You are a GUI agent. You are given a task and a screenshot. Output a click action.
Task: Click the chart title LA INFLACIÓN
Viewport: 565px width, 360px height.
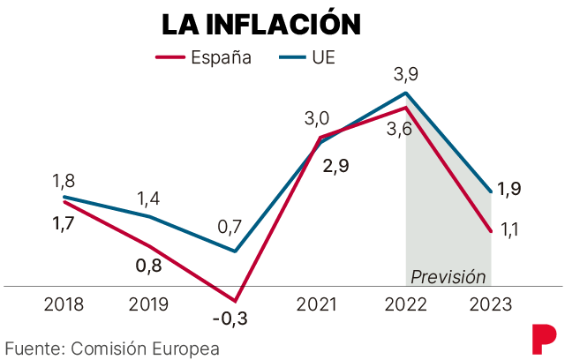(x=260, y=24)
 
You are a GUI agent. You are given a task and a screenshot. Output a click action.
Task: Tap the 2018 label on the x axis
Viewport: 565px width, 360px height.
(x=64, y=305)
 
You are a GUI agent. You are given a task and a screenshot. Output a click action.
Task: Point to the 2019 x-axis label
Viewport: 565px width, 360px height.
(x=149, y=305)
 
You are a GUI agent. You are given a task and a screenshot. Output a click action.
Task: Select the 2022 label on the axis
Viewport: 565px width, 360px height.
(x=405, y=305)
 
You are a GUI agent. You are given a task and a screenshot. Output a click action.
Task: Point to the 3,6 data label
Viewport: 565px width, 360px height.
(x=399, y=130)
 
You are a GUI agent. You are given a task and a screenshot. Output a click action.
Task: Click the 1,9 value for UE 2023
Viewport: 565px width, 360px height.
(x=509, y=188)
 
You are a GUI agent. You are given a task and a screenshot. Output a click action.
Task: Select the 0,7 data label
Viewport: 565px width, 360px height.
(x=230, y=228)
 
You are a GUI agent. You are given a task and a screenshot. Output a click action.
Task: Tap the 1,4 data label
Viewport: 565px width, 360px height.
(x=147, y=199)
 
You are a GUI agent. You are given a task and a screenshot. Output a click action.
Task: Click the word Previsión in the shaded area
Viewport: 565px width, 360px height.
(x=448, y=276)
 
